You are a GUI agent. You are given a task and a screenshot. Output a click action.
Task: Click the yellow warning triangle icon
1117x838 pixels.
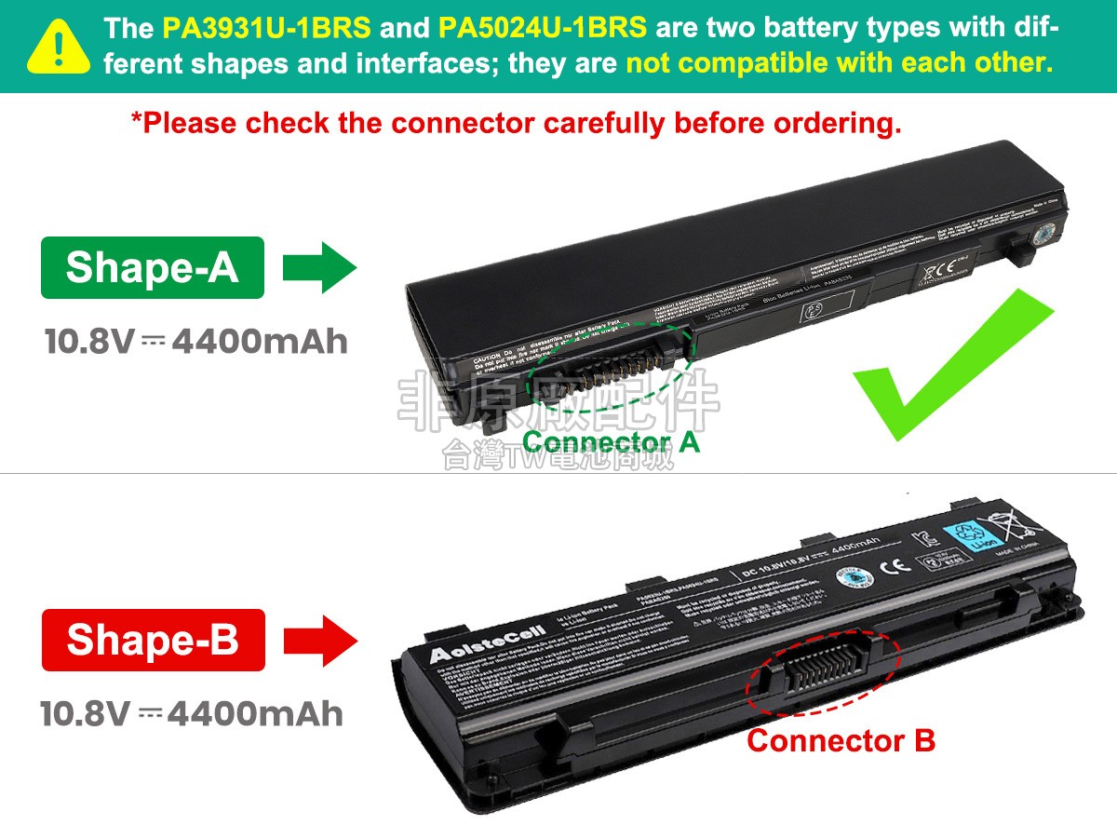point(59,46)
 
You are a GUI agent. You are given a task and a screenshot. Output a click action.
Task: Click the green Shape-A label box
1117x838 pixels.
point(152,268)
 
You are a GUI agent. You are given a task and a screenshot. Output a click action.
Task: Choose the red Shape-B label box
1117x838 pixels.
point(153,640)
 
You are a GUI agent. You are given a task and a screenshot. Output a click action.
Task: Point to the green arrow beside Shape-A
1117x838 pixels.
point(319,268)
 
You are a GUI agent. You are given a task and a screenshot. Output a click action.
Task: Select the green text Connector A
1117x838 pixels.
point(611,442)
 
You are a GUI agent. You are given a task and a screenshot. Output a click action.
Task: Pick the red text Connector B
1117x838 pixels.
point(841,741)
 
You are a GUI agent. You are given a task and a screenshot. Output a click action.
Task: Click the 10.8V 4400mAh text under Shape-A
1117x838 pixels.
point(196,342)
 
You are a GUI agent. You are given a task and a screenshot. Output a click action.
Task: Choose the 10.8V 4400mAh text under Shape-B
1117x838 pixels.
point(192,714)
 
